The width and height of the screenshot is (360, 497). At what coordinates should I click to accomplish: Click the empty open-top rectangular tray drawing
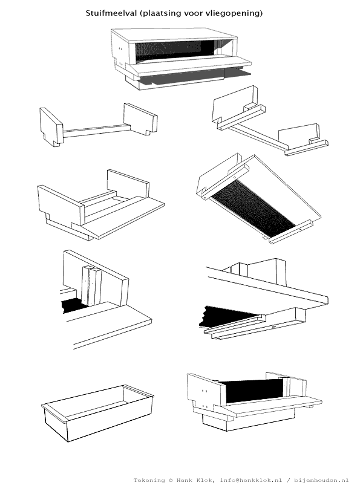pos(97,413)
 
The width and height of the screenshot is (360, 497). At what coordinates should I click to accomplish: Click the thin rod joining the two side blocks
pos(96,131)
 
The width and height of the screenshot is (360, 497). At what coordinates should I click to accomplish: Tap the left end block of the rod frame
pos(51,127)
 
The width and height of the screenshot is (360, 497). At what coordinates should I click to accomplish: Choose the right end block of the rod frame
pos(140,119)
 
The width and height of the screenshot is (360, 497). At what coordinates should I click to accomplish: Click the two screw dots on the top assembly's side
pos(120,49)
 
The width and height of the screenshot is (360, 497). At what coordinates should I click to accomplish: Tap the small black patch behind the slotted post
pos(73,305)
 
